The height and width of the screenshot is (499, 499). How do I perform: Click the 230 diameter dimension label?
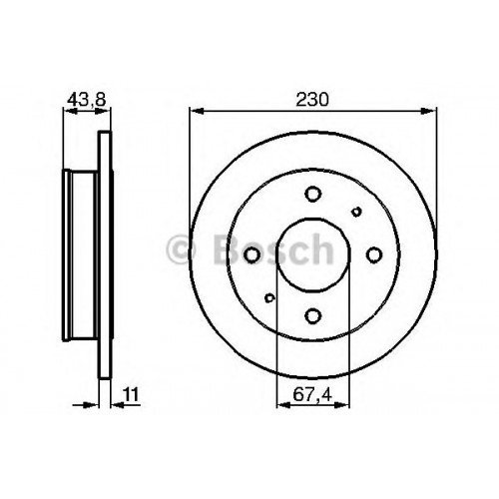tap(312, 100)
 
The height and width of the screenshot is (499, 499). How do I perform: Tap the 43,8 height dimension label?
tap(87, 99)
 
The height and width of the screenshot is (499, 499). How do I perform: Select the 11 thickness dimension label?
tap(131, 395)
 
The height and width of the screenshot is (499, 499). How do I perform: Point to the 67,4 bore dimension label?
tap(312, 395)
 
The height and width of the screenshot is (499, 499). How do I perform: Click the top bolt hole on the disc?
tap(313, 194)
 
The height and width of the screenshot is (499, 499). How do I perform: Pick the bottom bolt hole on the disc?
tap(313, 315)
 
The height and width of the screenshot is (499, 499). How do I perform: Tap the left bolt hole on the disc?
tap(251, 254)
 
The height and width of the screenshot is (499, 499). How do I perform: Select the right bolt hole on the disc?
tap(374, 254)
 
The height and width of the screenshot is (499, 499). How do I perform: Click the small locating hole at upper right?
tap(356, 212)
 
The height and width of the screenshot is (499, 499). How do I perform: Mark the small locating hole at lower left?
tap(269, 297)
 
